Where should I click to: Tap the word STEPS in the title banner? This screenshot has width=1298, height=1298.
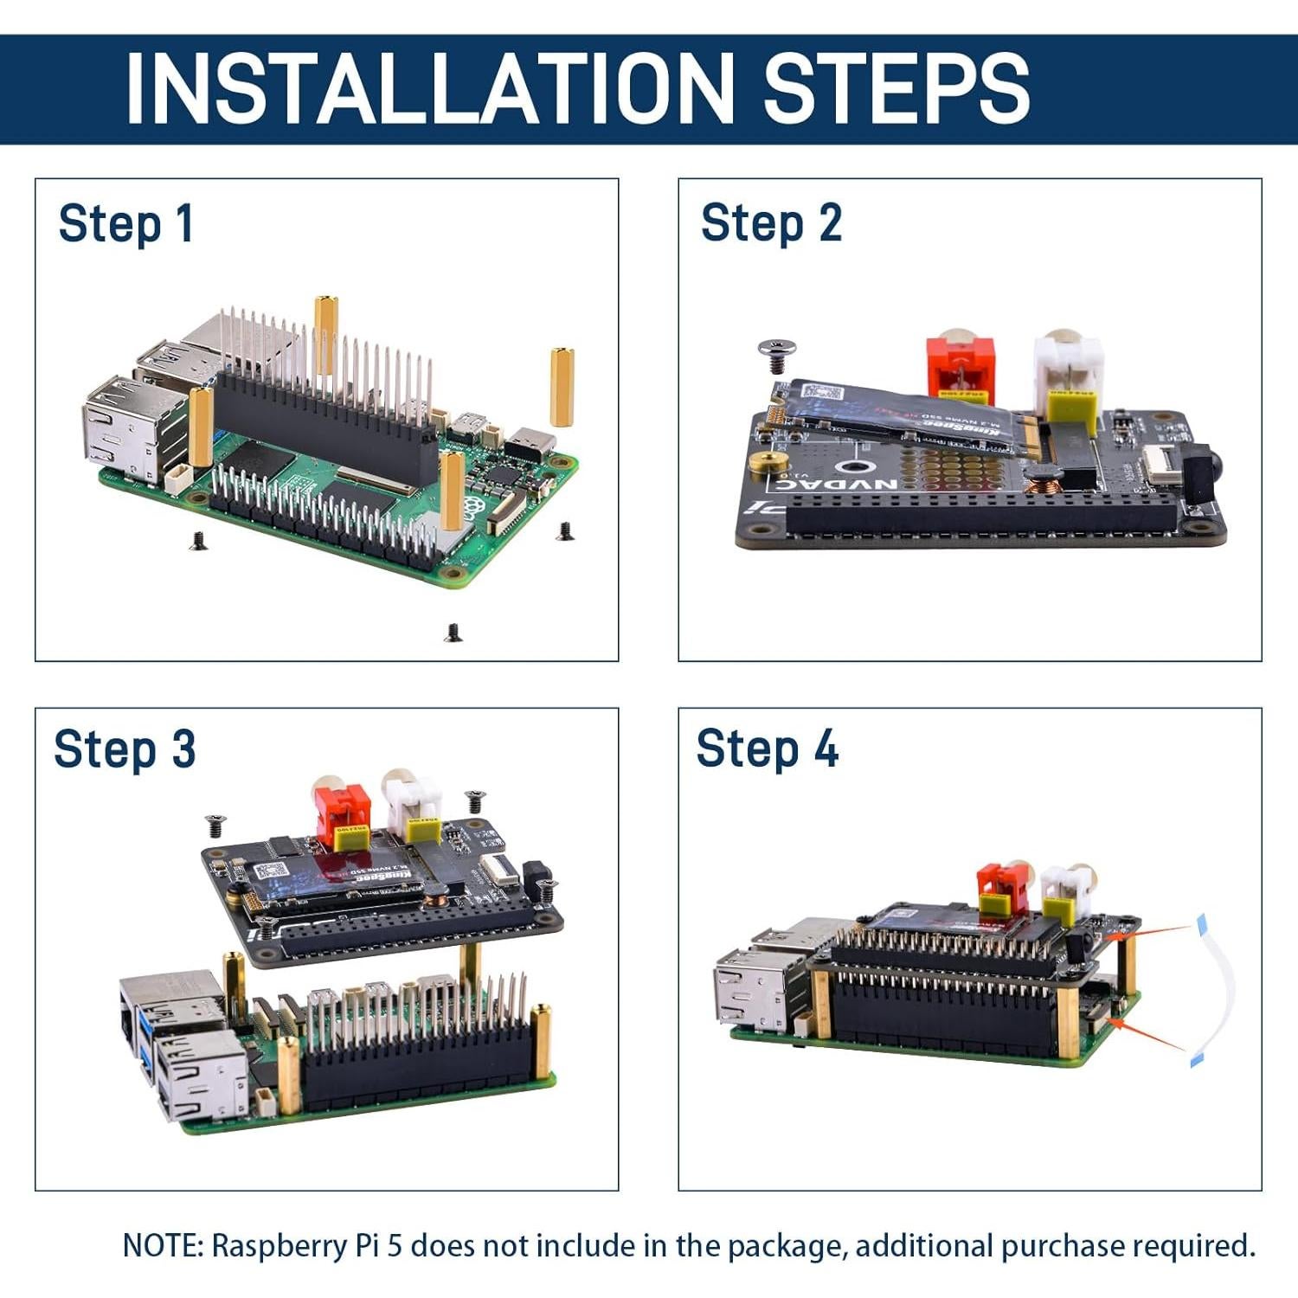(x=895, y=87)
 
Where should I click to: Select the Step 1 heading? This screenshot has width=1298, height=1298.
(x=125, y=224)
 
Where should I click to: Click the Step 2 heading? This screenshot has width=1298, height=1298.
(x=770, y=223)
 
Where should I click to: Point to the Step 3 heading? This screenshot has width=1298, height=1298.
(x=125, y=749)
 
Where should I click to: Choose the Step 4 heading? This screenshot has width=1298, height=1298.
(x=767, y=749)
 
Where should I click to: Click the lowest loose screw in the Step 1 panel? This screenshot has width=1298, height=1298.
(x=453, y=633)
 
